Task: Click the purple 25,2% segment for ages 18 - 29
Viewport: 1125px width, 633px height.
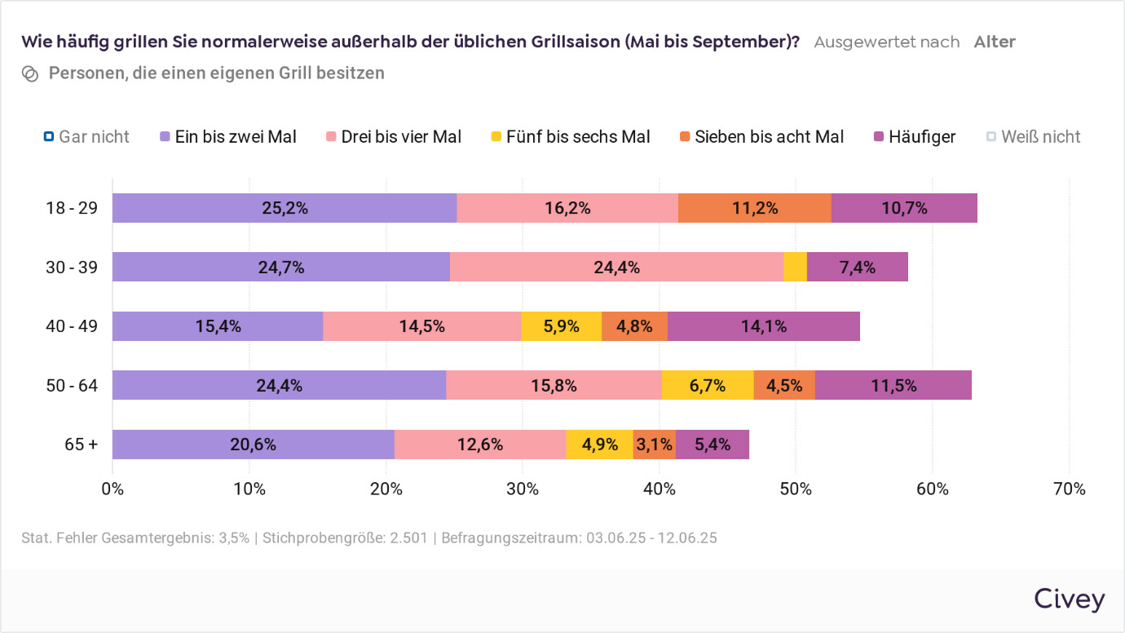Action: pyautogui.click(x=285, y=208)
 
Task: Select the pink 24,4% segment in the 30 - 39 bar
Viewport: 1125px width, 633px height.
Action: pyautogui.click(x=616, y=267)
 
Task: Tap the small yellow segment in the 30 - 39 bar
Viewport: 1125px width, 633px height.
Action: pyautogui.click(x=795, y=267)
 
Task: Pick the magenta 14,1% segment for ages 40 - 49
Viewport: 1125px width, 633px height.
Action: pyautogui.click(x=764, y=326)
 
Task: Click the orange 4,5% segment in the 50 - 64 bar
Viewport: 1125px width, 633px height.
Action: pyautogui.click(x=784, y=385)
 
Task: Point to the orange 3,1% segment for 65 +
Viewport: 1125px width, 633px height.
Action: pyautogui.click(x=655, y=445)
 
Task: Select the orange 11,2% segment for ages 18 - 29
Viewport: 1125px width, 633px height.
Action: pyautogui.click(x=754, y=208)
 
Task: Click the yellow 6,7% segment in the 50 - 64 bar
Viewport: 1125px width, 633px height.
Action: pyautogui.click(x=708, y=385)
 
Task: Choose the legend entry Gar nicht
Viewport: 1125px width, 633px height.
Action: pyautogui.click(x=86, y=137)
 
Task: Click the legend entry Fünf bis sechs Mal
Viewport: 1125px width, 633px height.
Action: pyautogui.click(x=569, y=137)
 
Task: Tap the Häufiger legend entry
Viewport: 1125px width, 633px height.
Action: pyautogui.click(x=914, y=137)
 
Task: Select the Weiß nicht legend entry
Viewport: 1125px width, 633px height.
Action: pyautogui.click(x=1033, y=137)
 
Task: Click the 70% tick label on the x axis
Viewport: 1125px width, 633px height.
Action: pyautogui.click(x=1070, y=489)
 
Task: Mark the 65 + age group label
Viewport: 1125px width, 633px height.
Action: pyautogui.click(x=82, y=445)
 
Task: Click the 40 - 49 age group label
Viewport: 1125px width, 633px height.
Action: pyautogui.click(x=72, y=326)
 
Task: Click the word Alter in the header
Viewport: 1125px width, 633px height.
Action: pyautogui.click(x=995, y=42)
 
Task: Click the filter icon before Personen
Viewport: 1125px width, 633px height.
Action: pyautogui.click(x=30, y=73)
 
